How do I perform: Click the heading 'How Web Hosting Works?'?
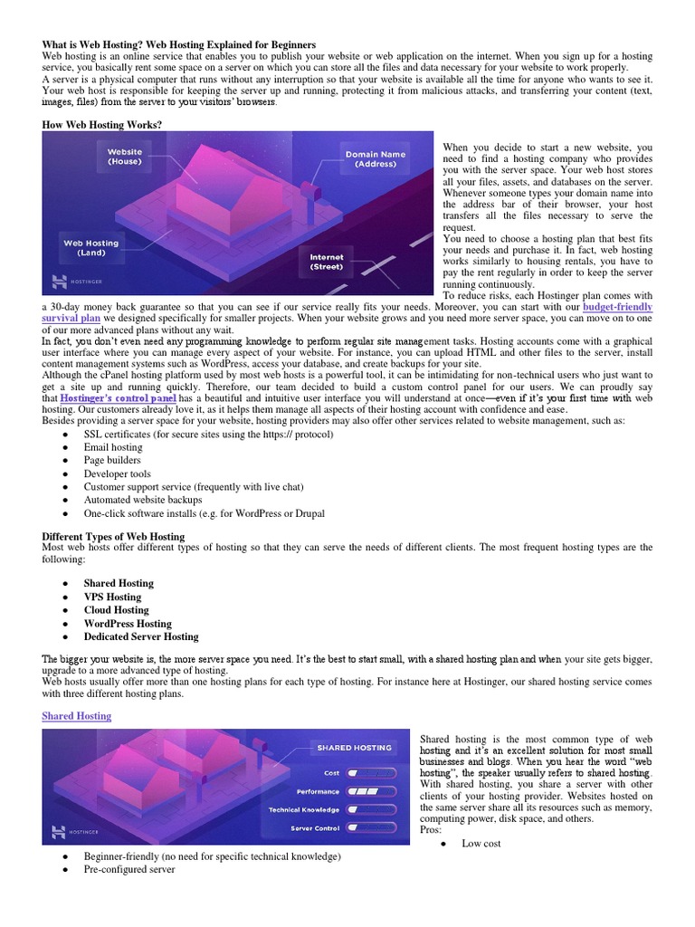tap(101, 124)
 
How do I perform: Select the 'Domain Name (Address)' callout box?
tap(376, 159)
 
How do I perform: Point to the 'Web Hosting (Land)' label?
tap(90, 247)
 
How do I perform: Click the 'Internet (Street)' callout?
tap(327, 262)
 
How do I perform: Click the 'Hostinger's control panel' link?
tap(118, 397)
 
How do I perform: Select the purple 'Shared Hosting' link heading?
tap(77, 716)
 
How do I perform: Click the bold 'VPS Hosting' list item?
tap(112, 597)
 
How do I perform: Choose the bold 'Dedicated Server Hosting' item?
tap(141, 636)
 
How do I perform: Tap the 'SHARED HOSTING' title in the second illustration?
tap(354, 748)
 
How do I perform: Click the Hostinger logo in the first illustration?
tap(72, 282)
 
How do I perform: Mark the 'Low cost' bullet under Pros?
tap(480, 844)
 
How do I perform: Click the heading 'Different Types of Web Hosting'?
tap(113, 535)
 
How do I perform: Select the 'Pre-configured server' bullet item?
tap(129, 869)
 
